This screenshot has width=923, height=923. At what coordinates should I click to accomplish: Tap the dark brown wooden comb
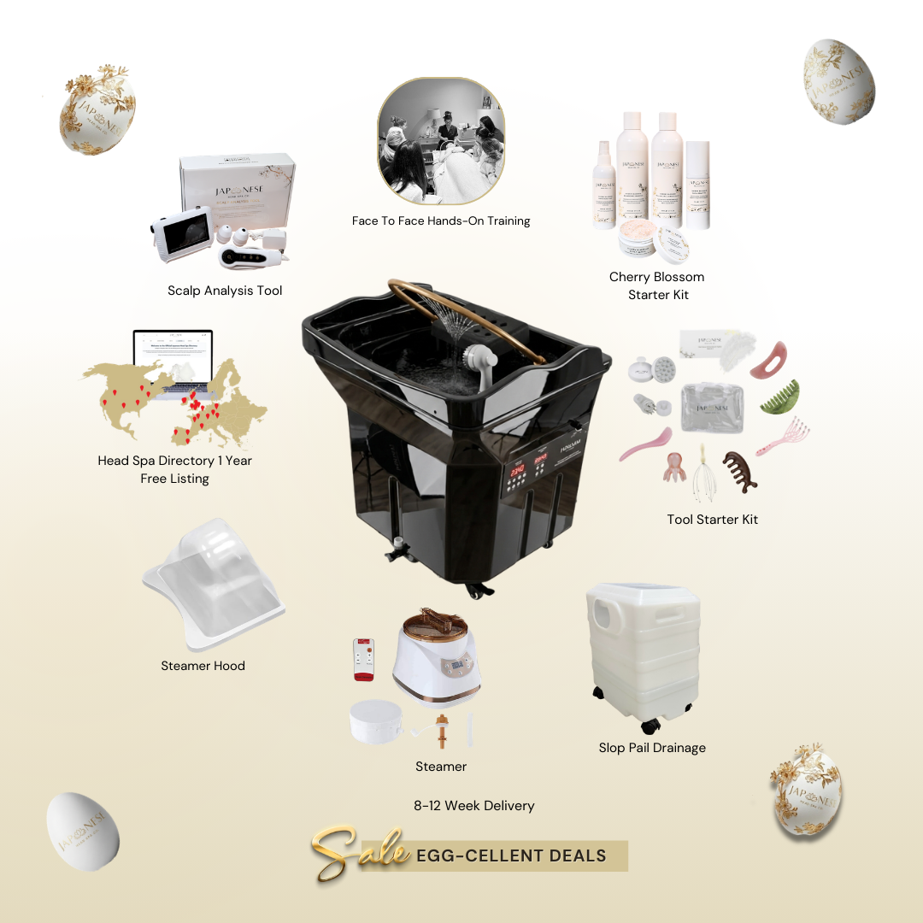[739, 471]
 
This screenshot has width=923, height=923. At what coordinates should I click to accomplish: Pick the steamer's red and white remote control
[362, 659]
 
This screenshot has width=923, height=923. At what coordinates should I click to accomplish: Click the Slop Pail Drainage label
[652, 748]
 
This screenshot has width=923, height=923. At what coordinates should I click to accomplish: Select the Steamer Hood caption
[203, 666]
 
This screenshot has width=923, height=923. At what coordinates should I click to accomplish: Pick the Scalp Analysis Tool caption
[225, 291]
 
